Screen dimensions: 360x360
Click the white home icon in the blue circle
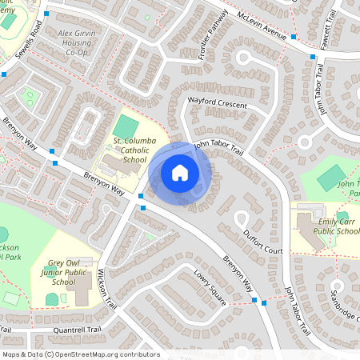(x=180, y=172)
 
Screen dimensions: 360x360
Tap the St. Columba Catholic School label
(x=129, y=150)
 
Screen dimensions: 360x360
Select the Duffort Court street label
(x=262, y=242)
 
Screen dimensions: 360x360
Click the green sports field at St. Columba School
(x=125, y=126)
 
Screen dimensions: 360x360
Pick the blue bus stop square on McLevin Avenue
(x=294, y=37)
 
